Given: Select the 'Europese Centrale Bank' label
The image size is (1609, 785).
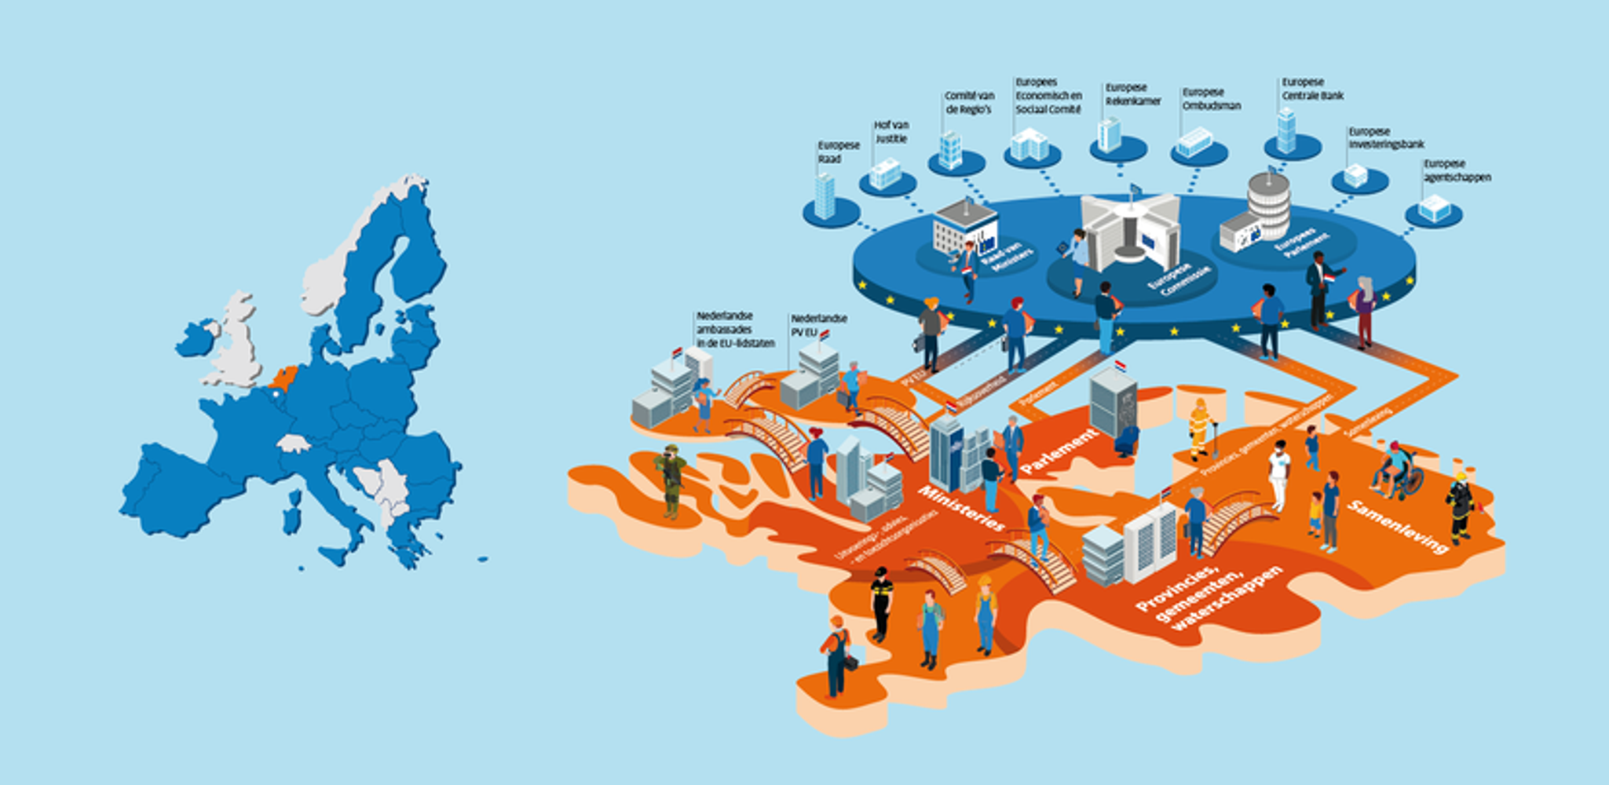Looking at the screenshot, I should click(x=1312, y=89).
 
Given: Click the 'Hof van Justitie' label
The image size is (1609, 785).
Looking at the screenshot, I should click(x=891, y=132).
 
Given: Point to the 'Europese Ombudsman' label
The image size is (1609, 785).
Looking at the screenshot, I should click(x=1211, y=99).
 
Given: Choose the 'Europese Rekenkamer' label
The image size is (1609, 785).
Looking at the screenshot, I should click(x=1132, y=94).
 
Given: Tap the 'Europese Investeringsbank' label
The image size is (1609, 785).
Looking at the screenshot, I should click(x=1386, y=138).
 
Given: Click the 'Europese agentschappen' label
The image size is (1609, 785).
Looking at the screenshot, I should click(x=1457, y=170).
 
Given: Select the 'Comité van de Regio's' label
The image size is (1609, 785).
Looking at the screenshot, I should click(x=969, y=102).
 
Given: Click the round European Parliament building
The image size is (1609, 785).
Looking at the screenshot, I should click(x=1267, y=206).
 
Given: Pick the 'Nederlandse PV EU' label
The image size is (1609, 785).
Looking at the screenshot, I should click(x=818, y=325).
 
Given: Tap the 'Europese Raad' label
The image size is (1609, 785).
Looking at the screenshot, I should click(x=838, y=152).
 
